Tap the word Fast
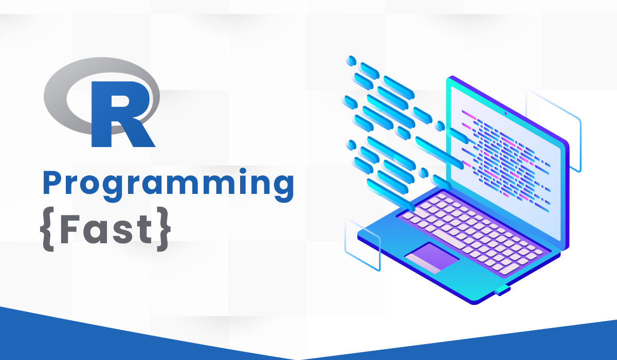106,229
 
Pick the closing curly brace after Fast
164,229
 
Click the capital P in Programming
54,183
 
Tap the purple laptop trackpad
432,258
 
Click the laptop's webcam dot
506,114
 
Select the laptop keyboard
471,234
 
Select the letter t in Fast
144,230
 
